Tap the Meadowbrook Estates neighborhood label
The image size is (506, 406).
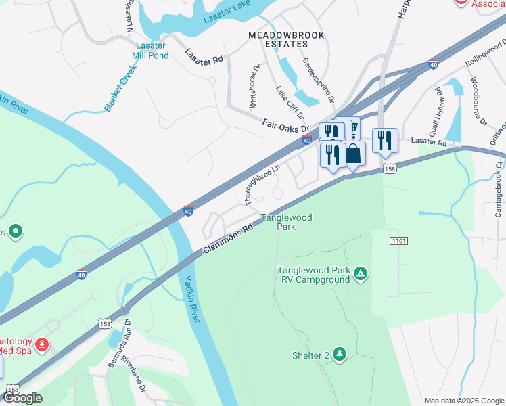pos(286,39)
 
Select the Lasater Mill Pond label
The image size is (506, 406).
pos(149,50)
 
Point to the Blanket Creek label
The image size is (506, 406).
pos(121,87)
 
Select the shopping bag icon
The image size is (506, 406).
pos(353,153)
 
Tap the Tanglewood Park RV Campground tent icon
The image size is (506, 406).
pos(361,274)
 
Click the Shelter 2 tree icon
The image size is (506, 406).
pos(339,354)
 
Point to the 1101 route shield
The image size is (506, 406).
pos(399,240)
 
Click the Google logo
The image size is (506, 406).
pos(23,398)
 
